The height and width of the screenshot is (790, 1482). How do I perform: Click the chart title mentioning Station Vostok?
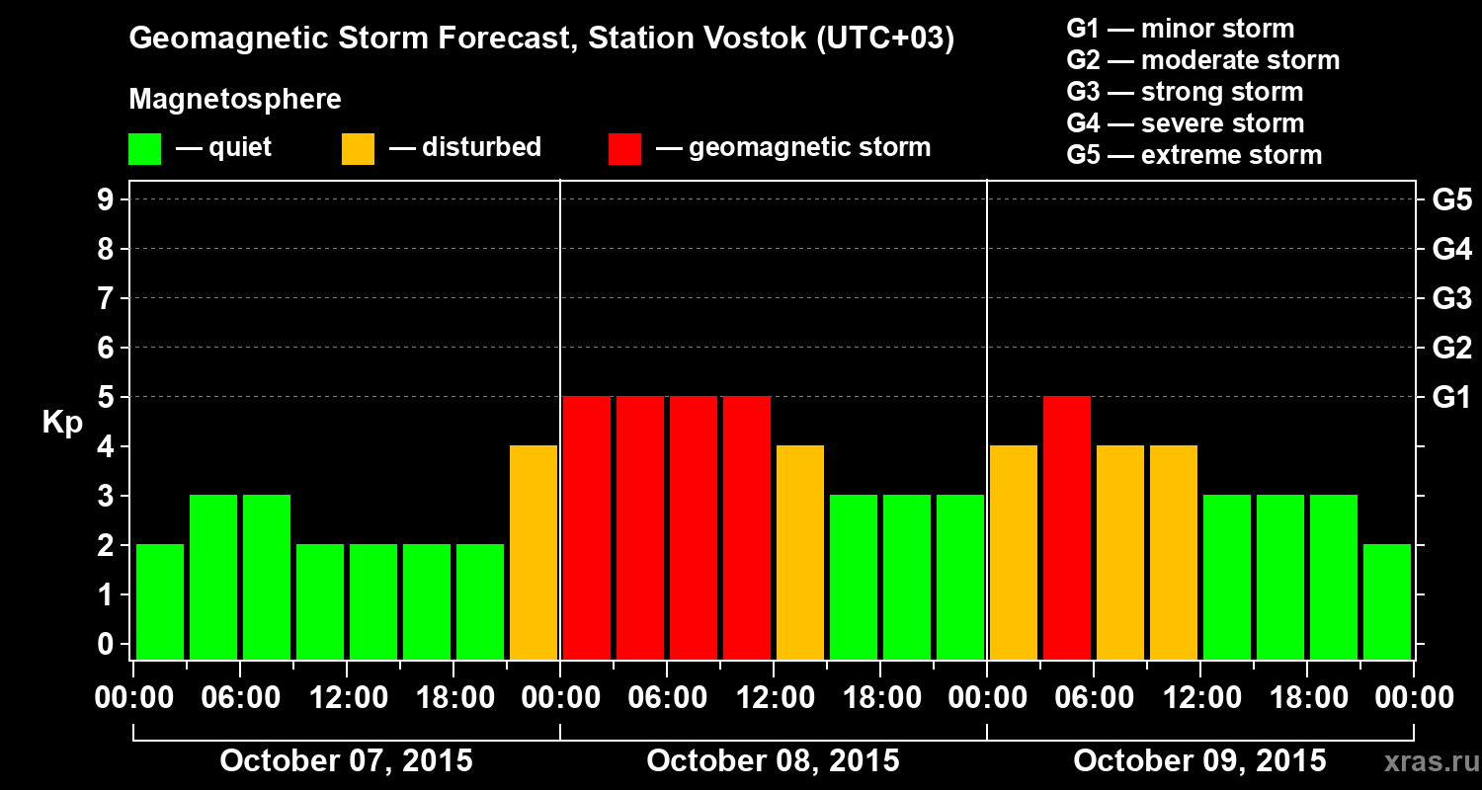(541, 39)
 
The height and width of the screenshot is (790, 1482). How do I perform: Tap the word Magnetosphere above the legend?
(235, 100)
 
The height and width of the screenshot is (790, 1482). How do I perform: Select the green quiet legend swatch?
(144, 148)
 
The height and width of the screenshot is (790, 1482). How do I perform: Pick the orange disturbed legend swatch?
(358, 148)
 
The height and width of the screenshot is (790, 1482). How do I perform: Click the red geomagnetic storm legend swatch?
(624, 148)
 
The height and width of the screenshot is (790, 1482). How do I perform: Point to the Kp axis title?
(62, 423)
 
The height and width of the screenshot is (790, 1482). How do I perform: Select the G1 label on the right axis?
(1451, 398)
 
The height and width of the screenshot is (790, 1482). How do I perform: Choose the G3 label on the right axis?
(1451, 298)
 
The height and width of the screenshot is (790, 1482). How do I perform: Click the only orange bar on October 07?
(534, 552)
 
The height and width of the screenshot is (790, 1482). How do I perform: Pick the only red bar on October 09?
(1067, 527)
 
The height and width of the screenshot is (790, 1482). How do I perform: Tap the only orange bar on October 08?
(800, 552)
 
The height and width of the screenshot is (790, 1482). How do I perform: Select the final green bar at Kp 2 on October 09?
(1387, 601)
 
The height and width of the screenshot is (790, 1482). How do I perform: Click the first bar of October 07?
(160, 601)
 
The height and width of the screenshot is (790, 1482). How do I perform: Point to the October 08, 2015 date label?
(773, 761)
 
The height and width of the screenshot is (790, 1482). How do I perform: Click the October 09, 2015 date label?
(1199, 761)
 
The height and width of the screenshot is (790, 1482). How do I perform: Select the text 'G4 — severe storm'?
(1186, 123)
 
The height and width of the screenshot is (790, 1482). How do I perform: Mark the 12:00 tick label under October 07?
(347, 698)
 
